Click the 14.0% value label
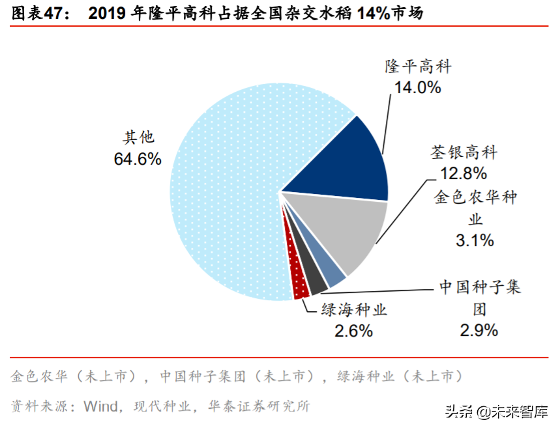click(417, 87)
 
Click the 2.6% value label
click(353, 331)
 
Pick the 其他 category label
click(138, 137)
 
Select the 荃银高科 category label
click(464, 152)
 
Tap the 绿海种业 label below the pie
click(354, 310)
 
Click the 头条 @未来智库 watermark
click(496, 412)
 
